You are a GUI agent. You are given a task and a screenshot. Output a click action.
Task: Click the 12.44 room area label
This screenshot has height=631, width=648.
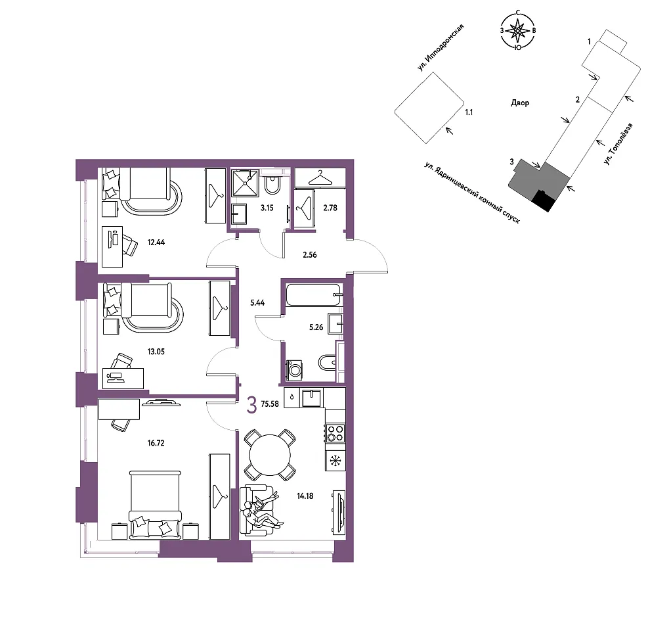[156, 243]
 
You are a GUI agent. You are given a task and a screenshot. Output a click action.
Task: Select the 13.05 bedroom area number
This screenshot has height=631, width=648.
[156, 352]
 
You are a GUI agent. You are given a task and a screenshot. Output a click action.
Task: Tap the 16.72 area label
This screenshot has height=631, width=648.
[156, 443]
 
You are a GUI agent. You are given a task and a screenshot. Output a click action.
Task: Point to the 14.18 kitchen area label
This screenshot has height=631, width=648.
[305, 496]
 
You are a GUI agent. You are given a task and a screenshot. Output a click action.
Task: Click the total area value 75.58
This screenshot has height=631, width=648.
[270, 404]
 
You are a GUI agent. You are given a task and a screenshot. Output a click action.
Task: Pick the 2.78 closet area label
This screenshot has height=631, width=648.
[330, 208]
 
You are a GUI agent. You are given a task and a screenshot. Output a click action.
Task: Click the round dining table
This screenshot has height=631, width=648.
[270, 455]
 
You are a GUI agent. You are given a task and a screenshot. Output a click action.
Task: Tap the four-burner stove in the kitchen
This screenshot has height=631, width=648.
[335, 432]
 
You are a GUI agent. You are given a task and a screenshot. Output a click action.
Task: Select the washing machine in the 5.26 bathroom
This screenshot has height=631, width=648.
[295, 369]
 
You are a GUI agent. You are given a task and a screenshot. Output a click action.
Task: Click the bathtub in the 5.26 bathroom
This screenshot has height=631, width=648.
[314, 294]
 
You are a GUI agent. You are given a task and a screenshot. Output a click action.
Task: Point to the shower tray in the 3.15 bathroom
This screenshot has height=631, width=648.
[246, 183]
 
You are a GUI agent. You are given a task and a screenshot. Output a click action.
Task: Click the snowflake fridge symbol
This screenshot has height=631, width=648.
[335, 461]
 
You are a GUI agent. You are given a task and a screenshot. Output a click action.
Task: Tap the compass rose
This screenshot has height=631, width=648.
[518, 31]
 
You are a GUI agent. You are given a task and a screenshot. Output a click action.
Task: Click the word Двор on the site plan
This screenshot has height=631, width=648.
[520, 103]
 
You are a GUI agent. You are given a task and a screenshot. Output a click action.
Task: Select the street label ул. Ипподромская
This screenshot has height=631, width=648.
[441, 47]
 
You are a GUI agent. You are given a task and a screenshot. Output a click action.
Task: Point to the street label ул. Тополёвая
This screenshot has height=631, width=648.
[618, 144]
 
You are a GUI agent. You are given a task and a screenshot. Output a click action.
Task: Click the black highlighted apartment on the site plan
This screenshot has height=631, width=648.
[542, 200]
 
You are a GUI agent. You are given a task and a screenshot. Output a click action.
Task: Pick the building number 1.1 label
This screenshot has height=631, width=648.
[469, 112]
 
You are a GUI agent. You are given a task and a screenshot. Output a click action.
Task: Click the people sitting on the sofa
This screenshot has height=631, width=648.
[262, 510]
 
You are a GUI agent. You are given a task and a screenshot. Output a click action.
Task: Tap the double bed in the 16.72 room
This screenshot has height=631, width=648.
[155, 505]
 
